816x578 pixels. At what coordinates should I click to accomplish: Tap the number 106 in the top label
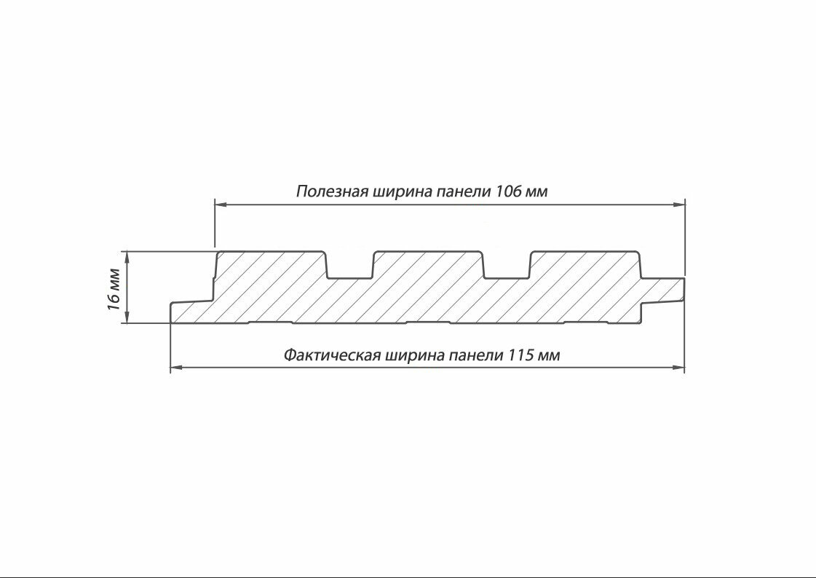pos(508,192)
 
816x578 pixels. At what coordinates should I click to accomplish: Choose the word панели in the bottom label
pos(475,355)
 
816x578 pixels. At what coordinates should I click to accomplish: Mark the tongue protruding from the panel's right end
pos(664,290)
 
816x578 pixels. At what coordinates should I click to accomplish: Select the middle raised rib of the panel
pos(428,266)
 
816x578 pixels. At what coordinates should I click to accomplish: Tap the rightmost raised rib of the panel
pos(585,266)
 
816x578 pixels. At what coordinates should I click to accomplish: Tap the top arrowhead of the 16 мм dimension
pos(127,256)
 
